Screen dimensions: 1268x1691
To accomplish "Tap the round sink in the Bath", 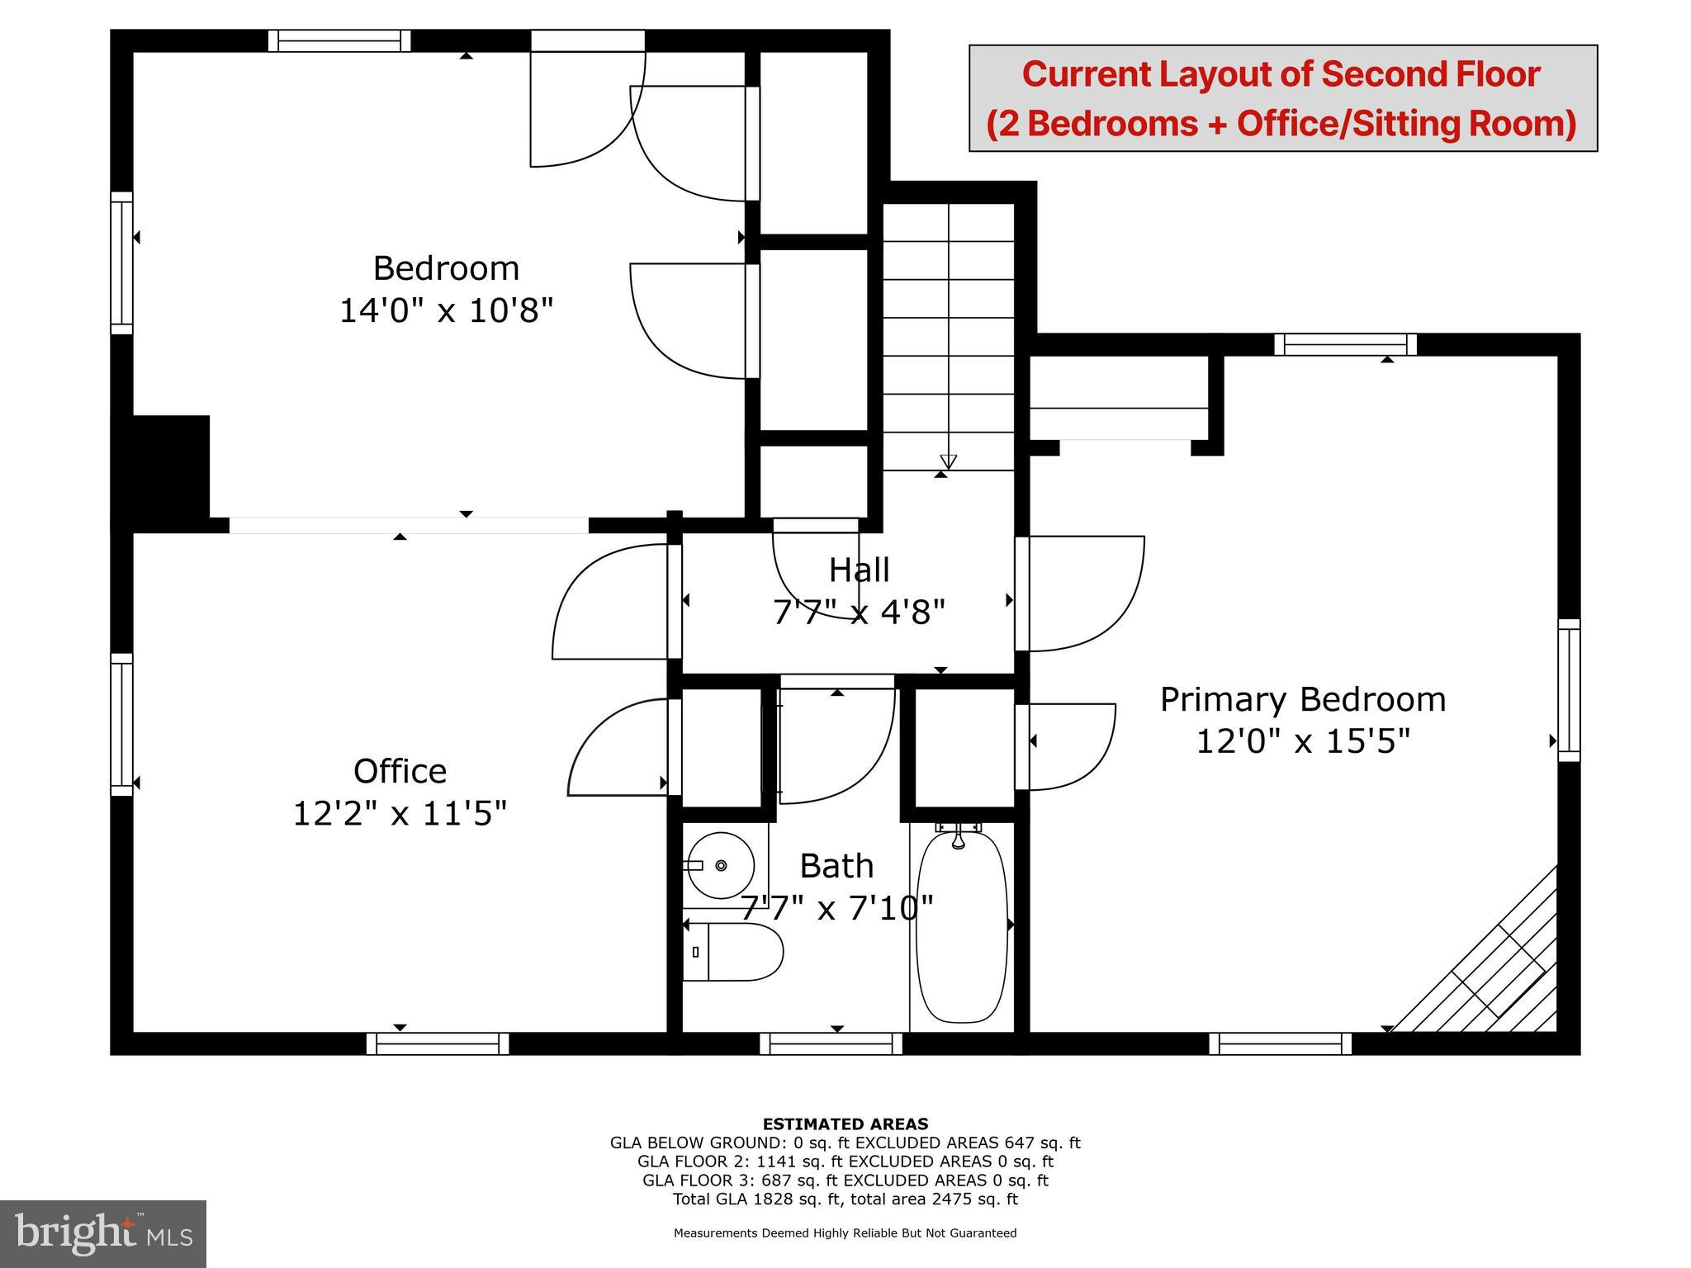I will [721, 866].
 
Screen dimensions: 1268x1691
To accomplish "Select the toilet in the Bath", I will [733, 952].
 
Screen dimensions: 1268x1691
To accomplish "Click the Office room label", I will [400, 771].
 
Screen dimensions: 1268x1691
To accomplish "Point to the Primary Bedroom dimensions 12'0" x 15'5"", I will [1302, 741].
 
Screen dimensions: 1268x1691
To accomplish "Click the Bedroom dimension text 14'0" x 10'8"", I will [446, 310].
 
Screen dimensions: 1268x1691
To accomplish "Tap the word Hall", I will [859, 570].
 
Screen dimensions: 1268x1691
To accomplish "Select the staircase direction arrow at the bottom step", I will [948, 461].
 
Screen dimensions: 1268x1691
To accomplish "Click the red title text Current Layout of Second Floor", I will [1281, 73].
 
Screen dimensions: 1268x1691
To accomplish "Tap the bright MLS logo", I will [103, 1233].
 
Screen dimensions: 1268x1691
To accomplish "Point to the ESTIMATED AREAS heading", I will [845, 1124].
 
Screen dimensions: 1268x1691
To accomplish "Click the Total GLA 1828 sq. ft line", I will [845, 1199].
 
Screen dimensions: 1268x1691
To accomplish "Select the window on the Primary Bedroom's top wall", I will [1345, 344].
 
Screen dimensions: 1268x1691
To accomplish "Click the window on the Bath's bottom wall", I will [831, 1043].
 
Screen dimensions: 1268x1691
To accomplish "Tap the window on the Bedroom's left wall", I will [121, 263].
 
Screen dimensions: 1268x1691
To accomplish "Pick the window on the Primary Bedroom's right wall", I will [1569, 689].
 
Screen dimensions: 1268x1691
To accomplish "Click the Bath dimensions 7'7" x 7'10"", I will [836, 908].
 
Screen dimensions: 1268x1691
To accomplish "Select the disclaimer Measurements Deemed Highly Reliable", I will [845, 1233].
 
